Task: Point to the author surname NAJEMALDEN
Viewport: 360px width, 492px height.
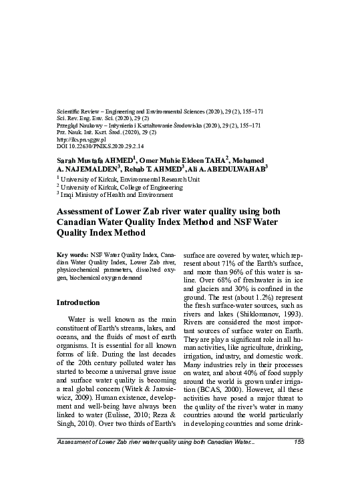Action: pyautogui.click(x=96, y=170)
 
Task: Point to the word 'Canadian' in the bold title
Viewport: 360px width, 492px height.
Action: pyautogui.click(x=81, y=222)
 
